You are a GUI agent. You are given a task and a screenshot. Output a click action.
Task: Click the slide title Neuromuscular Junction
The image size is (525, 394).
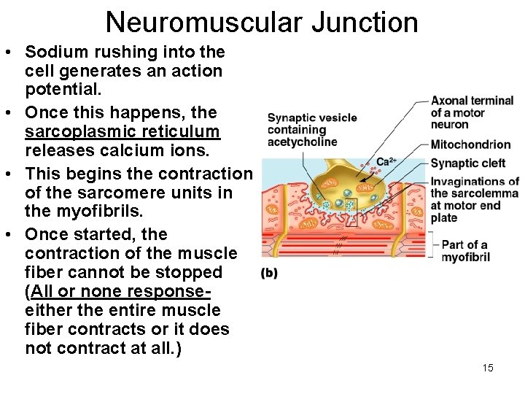click(262, 22)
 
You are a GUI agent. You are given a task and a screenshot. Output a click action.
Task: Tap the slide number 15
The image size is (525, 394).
click(488, 368)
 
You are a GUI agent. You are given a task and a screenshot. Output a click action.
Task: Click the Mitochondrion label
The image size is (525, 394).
click(470, 144)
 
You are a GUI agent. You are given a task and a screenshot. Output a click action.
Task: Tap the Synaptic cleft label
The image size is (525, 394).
click(467, 163)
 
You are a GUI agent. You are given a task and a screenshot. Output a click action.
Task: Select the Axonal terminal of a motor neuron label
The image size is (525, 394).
click(472, 112)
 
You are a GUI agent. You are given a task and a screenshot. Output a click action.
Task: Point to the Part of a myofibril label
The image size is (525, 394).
click(464, 250)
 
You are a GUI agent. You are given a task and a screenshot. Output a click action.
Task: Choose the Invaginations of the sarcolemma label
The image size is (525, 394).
click(475, 199)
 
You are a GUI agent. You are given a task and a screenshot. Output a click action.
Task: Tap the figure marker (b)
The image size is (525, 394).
click(268, 274)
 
